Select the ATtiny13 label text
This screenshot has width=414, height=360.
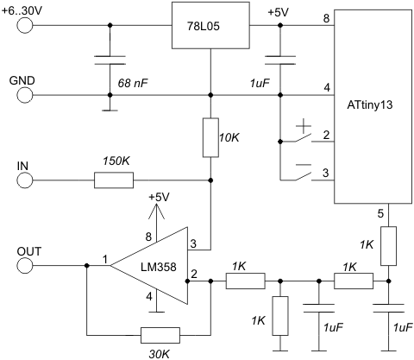click(x=370, y=104)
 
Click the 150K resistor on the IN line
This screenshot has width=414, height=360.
click(x=114, y=180)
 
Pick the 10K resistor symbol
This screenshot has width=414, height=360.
click(x=210, y=137)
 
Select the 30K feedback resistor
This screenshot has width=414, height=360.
click(x=160, y=335)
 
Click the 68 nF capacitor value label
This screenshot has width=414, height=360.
click(x=133, y=84)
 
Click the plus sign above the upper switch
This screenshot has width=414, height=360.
click(x=304, y=126)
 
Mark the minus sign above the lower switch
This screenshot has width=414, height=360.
click(x=304, y=165)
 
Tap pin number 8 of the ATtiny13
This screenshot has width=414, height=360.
click(x=326, y=18)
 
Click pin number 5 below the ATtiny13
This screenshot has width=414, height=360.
click(x=380, y=213)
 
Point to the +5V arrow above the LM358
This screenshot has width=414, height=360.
click(x=156, y=223)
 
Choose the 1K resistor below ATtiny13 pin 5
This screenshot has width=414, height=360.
click(x=388, y=246)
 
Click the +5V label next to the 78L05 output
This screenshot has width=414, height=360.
click(x=279, y=13)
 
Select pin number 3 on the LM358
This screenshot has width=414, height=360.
click(x=193, y=243)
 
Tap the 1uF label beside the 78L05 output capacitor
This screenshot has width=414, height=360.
click(x=260, y=84)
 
